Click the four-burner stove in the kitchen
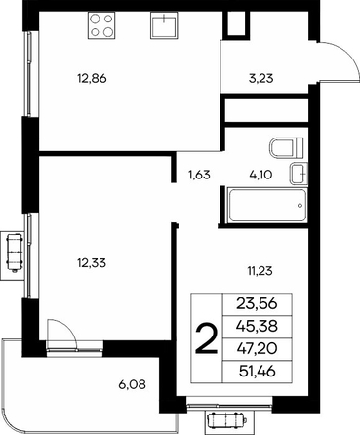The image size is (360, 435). tap(101, 25)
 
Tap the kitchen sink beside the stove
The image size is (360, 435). tap(164, 25)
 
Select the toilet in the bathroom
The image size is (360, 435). tap(286, 147)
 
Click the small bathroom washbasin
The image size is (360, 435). tap(298, 174)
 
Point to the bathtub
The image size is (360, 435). tap(267, 205)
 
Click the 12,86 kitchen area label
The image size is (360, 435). tap(92, 78)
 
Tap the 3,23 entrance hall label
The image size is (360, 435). tap(261, 78)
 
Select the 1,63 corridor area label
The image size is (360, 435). tap(199, 175)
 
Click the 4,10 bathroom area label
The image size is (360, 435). tap(260, 175)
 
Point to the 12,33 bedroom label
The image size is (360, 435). tap(92, 262)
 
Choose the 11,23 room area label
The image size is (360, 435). tap(260, 270)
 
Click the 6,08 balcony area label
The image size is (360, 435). tap(132, 385)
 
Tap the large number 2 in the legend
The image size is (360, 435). tap(206, 339)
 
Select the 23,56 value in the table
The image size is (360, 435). tap(257, 304)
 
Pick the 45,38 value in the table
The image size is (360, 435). tap(257, 326)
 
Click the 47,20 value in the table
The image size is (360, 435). tap(257, 348)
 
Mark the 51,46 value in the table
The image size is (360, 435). tap(257, 371)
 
